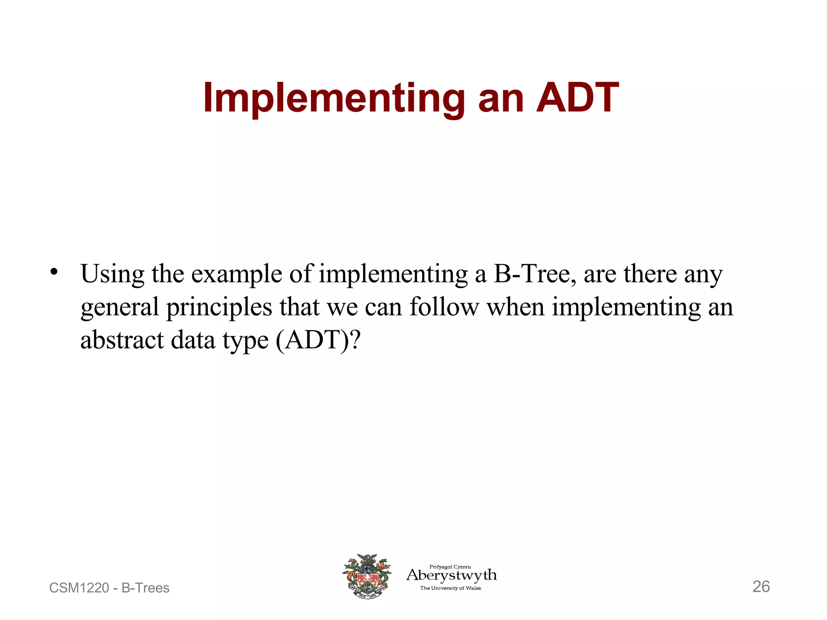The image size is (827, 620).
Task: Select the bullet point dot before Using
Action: tap(54, 272)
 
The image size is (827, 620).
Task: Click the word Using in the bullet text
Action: tap(112, 274)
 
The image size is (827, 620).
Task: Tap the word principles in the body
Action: tap(219, 308)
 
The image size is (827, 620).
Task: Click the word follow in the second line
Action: tap(444, 307)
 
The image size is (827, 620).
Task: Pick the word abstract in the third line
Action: tap(122, 340)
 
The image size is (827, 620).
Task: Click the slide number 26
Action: tap(761, 586)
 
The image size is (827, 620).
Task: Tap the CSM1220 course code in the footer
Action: tap(79, 588)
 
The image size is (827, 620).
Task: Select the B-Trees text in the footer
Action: tap(145, 588)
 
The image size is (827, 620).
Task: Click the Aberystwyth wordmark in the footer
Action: tap(451, 575)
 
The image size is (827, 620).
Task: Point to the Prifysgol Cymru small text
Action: tap(450, 566)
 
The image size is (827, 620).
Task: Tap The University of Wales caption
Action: tap(450, 588)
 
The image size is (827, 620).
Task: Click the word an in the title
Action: tap(501, 98)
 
